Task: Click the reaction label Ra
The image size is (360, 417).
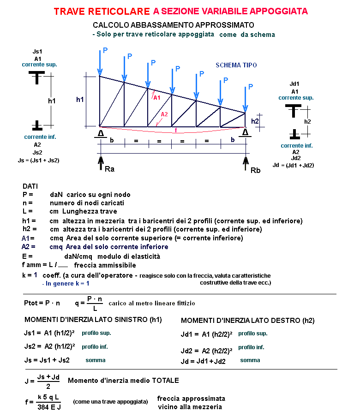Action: pyautogui.click(x=109, y=169)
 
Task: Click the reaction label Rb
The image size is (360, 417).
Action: pyautogui.click(x=255, y=170)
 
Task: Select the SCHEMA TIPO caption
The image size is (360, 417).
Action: pyautogui.click(x=236, y=65)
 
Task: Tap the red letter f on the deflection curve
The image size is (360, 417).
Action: pyautogui.click(x=175, y=131)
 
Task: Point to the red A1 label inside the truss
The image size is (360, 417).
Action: pyautogui.click(x=157, y=97)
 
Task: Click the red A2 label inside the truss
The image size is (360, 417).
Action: pyautogui.click(x=164, y=115)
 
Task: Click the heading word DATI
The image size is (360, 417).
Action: pyautogui.click(x=31, y=186)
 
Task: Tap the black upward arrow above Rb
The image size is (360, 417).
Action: pyautogui.click(x=246, y=163)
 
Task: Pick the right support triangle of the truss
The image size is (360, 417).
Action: pyautogui.click(x=246, y=133)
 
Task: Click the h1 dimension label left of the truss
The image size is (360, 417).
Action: pyautogui.click(x=81, y=100)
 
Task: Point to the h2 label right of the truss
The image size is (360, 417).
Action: pyautogui.click(x=255, y=121)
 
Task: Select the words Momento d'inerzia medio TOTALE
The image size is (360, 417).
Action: pyautogui.click(x=123, y=381)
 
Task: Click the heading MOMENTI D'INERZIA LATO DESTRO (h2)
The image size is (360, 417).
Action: pyautogui.click(x=248, y=320)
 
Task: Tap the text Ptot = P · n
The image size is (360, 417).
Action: pyautogui.click(x=42, y=303)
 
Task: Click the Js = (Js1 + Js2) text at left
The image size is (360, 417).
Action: pyautogui.click(x=38, y=160)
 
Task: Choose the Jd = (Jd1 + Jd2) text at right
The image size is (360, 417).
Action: pyautogui.click(x=293, y=165)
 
